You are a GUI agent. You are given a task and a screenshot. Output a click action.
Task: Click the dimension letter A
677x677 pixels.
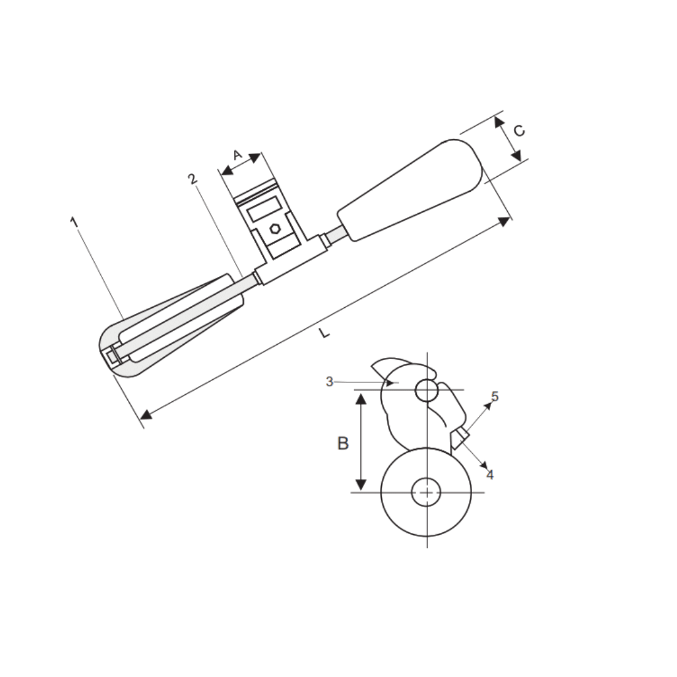pyautogui.click(x=237, y=154)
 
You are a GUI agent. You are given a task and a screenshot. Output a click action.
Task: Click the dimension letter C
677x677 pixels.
pyautogui.click(x=519, y=130)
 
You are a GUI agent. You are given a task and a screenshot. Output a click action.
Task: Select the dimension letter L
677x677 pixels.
pyautogui.click(x=323, y=333)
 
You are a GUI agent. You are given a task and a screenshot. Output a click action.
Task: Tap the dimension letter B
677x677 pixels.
pyautogui.click(x=343, y=443)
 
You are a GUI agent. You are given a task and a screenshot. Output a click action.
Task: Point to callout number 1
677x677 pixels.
pyautogui.click(x=74, y=222)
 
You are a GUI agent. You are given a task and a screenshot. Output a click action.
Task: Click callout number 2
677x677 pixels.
pyautogui.click(x=193, y=179)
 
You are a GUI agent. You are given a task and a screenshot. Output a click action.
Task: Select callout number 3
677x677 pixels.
pyautogui.click(x=330, y=382)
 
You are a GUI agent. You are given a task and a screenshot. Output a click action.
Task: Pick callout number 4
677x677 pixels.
pyautogui.click(x=490, y=475)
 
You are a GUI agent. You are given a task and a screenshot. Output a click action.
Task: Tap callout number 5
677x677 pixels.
pyautogui.click(x=495, y=396)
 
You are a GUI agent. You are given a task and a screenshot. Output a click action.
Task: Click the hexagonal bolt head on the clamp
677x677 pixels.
pyautogui.click(x=275, y=229)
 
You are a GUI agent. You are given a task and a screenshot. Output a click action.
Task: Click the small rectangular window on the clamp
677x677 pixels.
pyautogui.click(x=264, y=208)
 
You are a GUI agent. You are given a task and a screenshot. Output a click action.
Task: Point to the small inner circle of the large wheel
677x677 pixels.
pyautogui.click(x=426, y=492)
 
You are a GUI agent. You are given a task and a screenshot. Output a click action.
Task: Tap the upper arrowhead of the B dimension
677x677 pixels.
pyautogui.click(x=360, y=398)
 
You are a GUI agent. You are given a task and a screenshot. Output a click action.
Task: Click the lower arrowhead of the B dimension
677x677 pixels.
pyautogui.click(x=360, y=484)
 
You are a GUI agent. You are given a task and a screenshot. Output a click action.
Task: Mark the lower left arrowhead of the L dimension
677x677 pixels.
pyautogui.click(x=146, y=414)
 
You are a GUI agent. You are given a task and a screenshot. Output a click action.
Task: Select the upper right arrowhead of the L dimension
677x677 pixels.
pyautogui.click(x=504, y=221)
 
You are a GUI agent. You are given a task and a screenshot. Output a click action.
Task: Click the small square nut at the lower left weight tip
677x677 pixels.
pyautogui.click(x=113, y=357)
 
